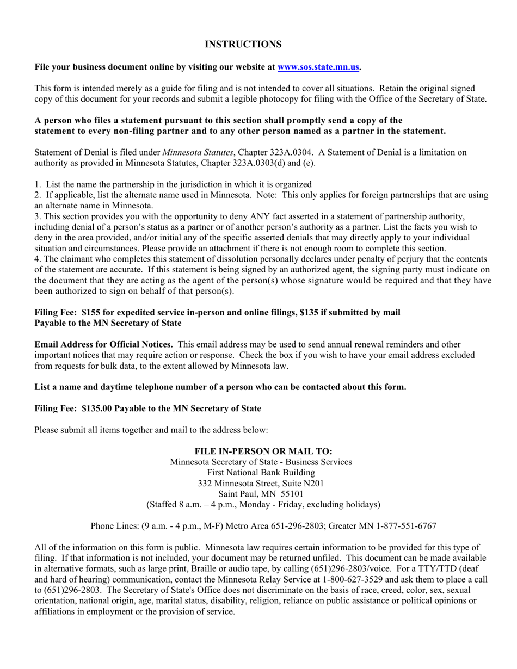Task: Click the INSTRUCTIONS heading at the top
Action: tap(243, 44)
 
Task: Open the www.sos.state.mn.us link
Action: tap(318, 67)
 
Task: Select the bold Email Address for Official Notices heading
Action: tap(104, 344)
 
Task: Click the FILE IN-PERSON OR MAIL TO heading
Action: tap(263, 451)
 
